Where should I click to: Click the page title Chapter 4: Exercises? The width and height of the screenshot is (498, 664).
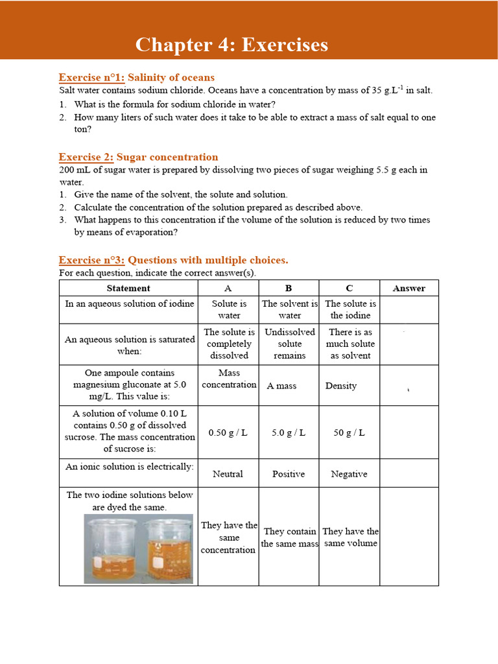point(231,45)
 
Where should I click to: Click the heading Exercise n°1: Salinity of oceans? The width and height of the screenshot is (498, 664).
point(137,77)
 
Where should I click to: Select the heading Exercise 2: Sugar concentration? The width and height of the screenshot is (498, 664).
point(138,157)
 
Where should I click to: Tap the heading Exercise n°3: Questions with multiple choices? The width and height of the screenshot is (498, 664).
point(173,260)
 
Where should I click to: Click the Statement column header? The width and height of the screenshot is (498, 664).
point(128,288)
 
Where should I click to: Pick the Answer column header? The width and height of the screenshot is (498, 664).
point(409,288)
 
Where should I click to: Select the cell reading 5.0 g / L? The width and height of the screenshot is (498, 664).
point(289,433)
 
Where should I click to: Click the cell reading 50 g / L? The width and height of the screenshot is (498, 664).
point(349,433)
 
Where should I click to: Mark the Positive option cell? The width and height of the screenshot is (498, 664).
point(289,474)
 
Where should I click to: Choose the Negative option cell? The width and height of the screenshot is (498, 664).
point(349,474)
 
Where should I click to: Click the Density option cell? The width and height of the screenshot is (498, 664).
point(341,386)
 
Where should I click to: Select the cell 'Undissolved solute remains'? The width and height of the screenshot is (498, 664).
point(289,344)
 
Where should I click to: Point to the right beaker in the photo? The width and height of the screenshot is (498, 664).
point(168,549)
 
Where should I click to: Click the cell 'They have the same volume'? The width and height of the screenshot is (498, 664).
point(350,538)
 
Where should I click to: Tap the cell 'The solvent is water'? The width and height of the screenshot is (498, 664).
point(289,309)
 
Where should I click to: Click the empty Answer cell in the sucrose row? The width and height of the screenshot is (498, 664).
point(409,433)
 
